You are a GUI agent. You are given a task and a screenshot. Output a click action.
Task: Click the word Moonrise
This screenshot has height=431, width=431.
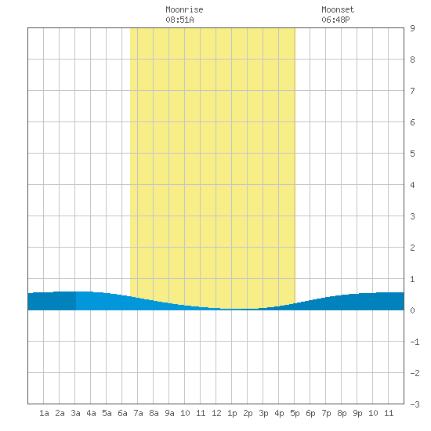pyautogui.click(x=184, y=9)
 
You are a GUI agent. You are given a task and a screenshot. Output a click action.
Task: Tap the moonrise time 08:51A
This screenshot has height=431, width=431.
pyautogui.click(x=179, y=20)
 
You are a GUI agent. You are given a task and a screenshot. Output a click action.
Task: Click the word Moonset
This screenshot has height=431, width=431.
pyautogui.click(x=338, y=9)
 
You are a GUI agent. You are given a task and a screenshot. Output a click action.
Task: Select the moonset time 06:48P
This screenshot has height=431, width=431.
pyautogui.click(x=335, y=20)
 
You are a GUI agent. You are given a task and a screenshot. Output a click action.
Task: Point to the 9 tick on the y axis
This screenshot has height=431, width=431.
pyautogui.click(x=412, y=28)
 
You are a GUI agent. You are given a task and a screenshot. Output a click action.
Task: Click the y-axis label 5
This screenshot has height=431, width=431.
pyautogui.click(x=412, y=154)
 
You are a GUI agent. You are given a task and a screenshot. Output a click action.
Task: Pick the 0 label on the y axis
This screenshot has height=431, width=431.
pyautogui.click(x=412, y=310)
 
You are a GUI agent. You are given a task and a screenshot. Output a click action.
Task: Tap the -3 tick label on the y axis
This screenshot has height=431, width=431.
pyautogui.click(x=415, y=404)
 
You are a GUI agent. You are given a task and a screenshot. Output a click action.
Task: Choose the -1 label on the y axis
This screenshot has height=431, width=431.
pyautogui.click(x=415, y=342)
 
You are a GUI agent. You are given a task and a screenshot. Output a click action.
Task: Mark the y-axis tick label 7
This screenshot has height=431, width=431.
pyautogui.click(x=412, y=91)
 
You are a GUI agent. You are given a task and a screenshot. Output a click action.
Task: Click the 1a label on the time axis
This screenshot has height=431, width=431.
pyautogui.click(x=44, y=413)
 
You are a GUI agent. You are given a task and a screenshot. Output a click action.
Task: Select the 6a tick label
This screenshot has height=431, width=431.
pyautogui.click(x=122, y=413)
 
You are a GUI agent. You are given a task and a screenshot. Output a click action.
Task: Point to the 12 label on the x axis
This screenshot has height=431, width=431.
pyautogui.click(x=216, y=413)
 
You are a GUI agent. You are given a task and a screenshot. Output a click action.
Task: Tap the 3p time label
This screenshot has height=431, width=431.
pyautogui.click(x=263, y=413)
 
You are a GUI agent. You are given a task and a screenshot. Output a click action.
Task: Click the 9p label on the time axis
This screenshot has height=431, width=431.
pyautogui.click(x=357, y=413)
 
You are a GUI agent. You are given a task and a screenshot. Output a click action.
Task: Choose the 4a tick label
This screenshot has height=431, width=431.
pyautogui.click(x=91, y=413)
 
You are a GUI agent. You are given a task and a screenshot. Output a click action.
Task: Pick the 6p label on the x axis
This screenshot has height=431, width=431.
pyautogui.click(x=310, y=413)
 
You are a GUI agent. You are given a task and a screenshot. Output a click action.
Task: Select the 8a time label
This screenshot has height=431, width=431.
pyautogui.click(x=154, y=413)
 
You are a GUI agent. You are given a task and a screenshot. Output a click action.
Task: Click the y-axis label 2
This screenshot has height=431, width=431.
pyautogui.click(x=412, y=248)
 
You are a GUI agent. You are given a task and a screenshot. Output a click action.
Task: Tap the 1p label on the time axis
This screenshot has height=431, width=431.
pyautogui.click(x=232, y=413)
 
